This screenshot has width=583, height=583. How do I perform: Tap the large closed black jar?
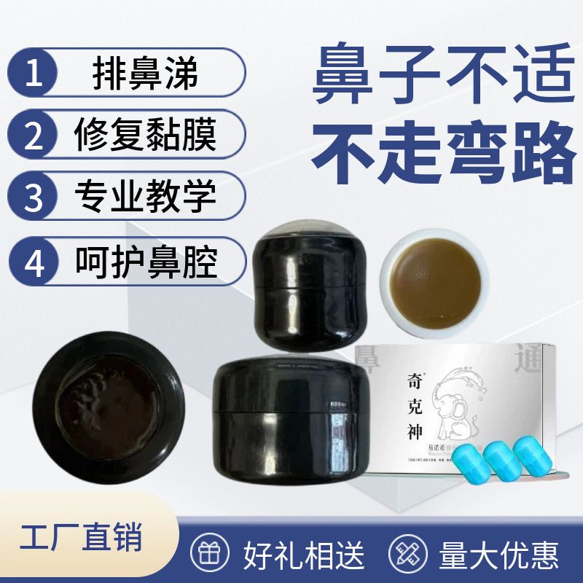click(x=291, y=417)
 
